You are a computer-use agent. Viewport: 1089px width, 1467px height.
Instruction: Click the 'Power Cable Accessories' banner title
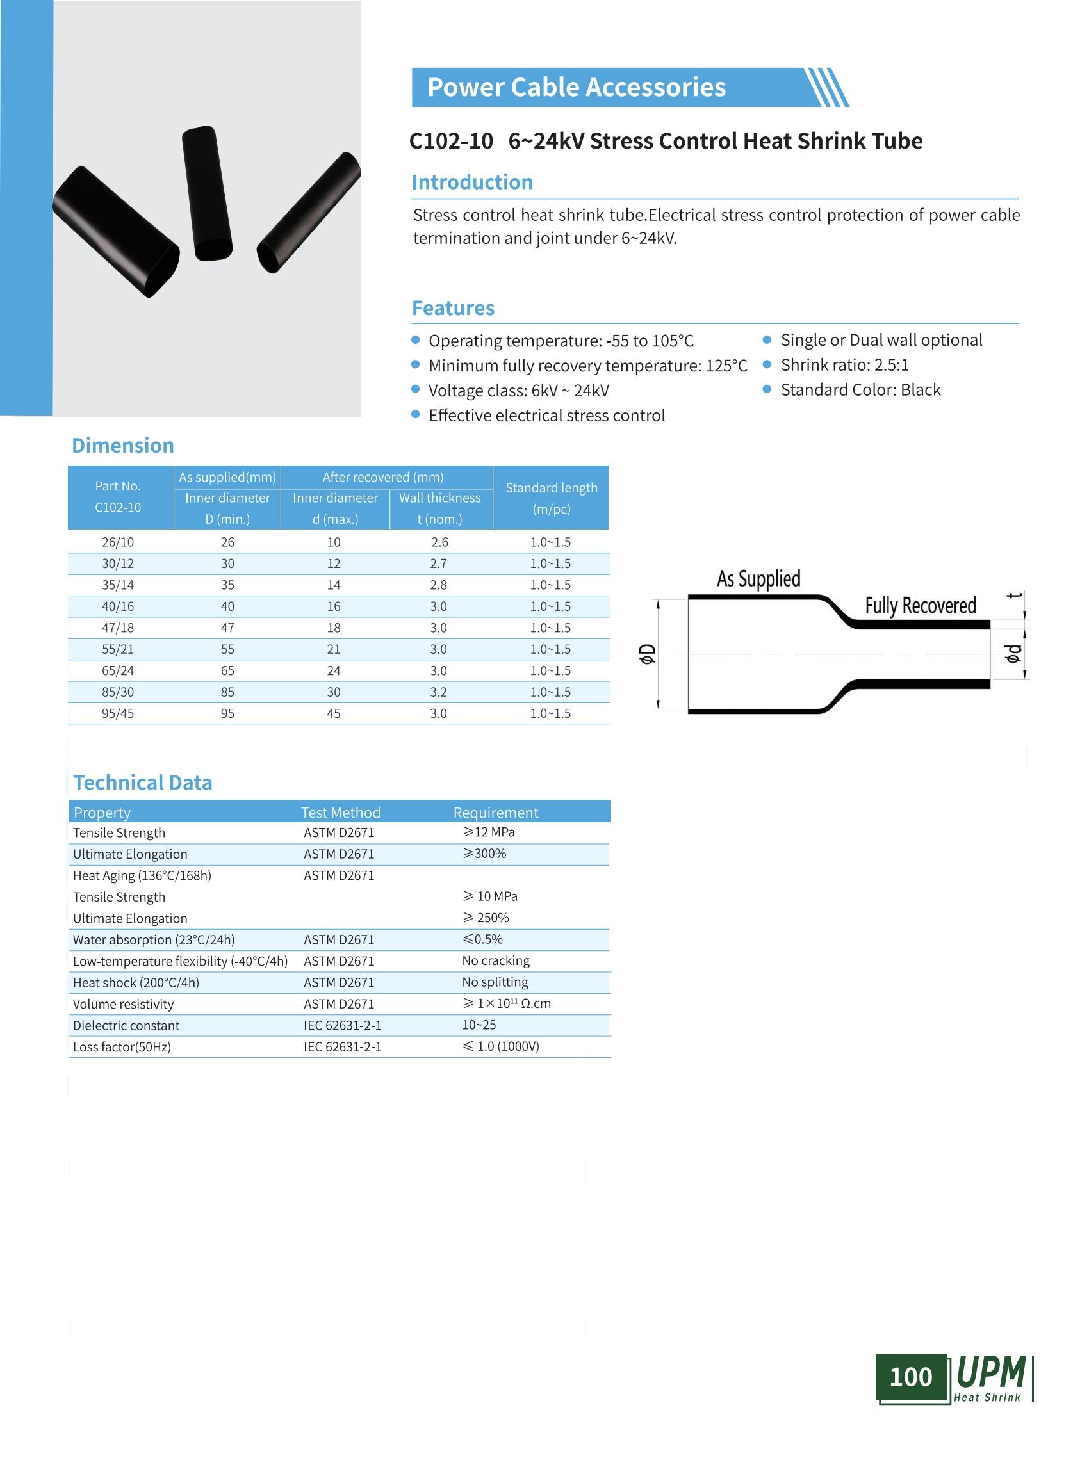(x=576, y=88)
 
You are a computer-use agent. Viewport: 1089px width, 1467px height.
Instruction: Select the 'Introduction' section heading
(x=472, y=182)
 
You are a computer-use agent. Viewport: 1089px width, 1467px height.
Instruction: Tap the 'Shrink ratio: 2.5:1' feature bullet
(x=844, y=365)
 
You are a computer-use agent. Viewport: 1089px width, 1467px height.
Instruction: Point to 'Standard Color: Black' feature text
(x=860, y=390)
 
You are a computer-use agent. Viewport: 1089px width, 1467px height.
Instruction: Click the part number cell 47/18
(x=117, y=628)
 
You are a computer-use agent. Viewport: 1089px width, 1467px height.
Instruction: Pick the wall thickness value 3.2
(x=438, y=692)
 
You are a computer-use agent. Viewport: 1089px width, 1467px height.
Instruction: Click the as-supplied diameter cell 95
(x=227, y=714)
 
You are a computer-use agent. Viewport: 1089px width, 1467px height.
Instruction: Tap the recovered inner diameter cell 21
(x=334, y=649)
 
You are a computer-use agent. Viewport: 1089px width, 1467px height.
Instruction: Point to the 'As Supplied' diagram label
(x=758, y=579)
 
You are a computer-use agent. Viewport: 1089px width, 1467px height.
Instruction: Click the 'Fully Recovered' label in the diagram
(x=921, y=606)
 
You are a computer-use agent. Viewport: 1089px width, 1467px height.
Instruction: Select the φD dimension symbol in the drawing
(x=648, y=654)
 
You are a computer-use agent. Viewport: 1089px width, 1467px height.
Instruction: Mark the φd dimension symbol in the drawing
(x=1013, y=654)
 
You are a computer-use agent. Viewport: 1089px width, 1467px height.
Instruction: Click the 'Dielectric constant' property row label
(x=126, y=1025)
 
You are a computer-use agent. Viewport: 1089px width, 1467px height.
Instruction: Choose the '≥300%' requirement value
(x=484, y=854)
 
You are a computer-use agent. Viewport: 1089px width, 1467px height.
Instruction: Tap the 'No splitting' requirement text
(x=495, y=983)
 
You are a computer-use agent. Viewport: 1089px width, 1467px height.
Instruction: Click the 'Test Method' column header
(x=340, y=813)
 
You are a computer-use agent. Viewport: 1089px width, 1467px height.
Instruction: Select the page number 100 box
(x=910, y=1377)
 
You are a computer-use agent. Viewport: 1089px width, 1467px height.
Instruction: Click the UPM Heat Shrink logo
(x=991, y=1378)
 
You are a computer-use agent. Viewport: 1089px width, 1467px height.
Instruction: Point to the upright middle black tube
(x=207, y=193)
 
